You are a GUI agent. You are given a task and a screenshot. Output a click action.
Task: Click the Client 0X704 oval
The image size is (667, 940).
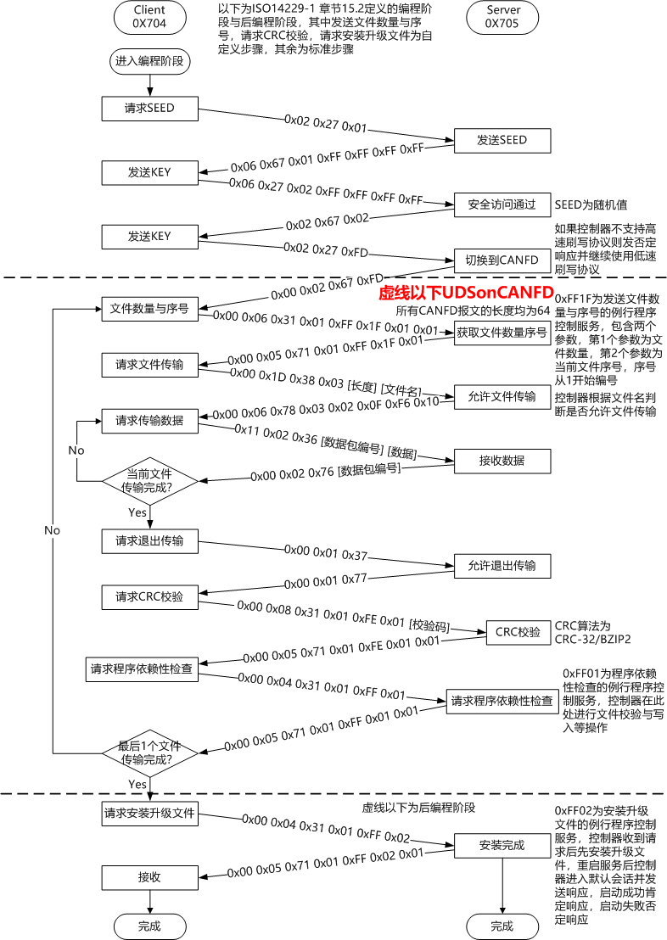pos(149,17)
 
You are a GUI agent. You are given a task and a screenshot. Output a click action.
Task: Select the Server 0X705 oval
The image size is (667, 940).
pos(502,17)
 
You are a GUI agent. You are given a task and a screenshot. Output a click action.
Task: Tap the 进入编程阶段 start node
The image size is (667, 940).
pos(149,61)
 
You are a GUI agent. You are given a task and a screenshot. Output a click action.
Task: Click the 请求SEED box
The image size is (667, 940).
pos(149,109)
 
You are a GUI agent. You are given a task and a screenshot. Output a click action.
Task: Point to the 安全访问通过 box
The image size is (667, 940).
pos(502,204)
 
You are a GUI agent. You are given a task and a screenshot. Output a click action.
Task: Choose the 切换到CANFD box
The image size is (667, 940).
pos(502,260)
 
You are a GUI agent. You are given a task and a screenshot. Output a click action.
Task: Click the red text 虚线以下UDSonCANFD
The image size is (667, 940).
pos(466,293)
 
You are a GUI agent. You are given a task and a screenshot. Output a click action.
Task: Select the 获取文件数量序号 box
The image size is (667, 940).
pos(502,333)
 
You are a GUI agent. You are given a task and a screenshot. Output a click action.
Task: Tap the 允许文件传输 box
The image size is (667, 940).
pos(502,397)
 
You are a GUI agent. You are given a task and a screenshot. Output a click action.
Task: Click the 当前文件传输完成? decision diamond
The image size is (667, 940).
pos(149,481)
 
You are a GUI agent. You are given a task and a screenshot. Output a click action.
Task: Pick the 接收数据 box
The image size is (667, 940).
pos(502,461)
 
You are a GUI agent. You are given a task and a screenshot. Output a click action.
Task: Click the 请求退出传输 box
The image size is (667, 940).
pos(149,540)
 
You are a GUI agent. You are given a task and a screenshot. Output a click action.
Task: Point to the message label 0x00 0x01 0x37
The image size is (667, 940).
pos(326,553)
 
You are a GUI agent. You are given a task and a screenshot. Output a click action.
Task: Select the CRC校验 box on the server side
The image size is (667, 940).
pos(518,632)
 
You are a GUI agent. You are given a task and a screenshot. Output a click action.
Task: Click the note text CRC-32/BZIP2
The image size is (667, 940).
pos(592,640)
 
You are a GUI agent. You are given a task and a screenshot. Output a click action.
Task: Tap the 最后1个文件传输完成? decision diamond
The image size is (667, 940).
pos(149,753)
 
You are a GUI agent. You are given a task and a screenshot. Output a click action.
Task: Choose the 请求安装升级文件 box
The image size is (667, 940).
pos(149,814)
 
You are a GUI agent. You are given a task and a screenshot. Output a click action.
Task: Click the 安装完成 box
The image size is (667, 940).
pos(502,845)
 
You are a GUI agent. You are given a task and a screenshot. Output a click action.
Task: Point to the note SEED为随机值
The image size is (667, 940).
pos(591,205)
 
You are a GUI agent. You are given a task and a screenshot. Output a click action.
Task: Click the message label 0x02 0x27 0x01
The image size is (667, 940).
pos(325,124)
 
